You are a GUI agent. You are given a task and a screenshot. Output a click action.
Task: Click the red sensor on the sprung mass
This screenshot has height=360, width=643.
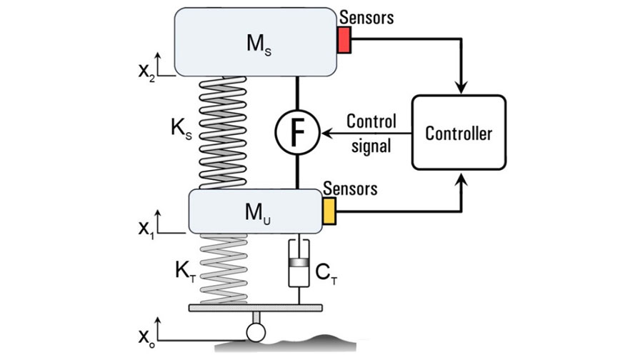344,40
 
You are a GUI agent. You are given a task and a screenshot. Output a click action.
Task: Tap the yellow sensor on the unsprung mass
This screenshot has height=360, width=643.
329,211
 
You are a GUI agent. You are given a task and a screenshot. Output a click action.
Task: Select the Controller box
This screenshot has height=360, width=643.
459,132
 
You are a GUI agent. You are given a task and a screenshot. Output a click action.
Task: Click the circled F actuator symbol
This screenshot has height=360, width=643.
296,132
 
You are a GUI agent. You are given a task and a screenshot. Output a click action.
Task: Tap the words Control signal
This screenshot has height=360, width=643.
369,133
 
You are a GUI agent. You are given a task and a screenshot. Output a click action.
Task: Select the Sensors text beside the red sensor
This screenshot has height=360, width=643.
367,16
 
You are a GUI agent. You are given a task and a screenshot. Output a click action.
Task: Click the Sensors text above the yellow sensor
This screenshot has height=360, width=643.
350,189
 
